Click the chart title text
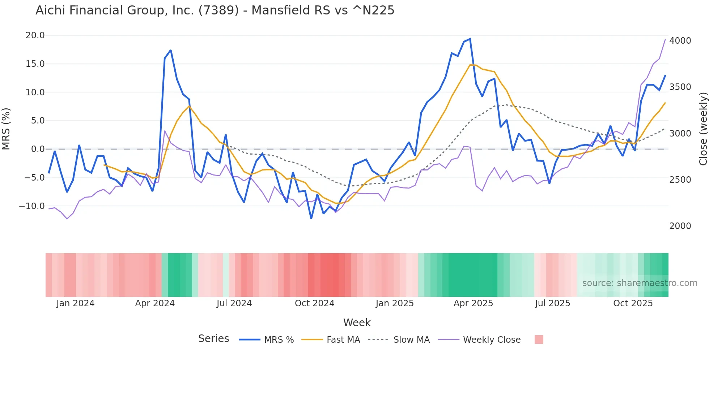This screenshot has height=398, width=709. (x=215, y=10)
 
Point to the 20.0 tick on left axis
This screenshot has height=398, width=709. (x=35, y=35)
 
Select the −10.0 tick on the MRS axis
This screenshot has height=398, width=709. (x=32, y=206)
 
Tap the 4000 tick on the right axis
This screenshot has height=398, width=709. (x=680, y=41)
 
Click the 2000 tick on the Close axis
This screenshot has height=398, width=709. (x=680, y=226)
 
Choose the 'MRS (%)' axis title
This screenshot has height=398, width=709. (x=6, y=129)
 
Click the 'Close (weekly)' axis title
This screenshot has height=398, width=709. (x=703, y=129)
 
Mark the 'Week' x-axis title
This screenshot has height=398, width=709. (x=357, y=323)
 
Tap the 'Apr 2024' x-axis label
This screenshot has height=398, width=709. (x=155, y=303)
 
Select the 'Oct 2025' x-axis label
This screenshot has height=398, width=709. (x=633, y=303)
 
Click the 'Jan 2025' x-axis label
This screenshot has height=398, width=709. (x=394, y=303)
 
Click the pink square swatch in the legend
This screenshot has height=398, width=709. (x=539, y=339)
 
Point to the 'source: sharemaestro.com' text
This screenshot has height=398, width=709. (x=640, y=283)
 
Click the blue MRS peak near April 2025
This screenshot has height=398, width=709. (x=470, y=39)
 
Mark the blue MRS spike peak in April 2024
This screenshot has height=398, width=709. (x=170, y=50)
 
